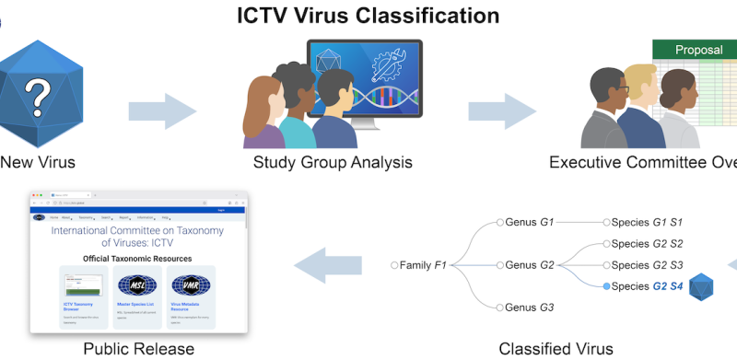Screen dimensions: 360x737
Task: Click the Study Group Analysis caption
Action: [x=333, y=163]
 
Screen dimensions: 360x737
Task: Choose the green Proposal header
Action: [x=697, y=50]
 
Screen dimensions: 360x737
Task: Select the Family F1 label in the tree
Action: [x=423, y=265]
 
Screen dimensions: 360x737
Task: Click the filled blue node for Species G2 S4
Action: [x=606, y=287]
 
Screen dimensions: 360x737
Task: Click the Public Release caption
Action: [x=139, y=349]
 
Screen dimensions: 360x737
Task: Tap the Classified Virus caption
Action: [x=556, y=349]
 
